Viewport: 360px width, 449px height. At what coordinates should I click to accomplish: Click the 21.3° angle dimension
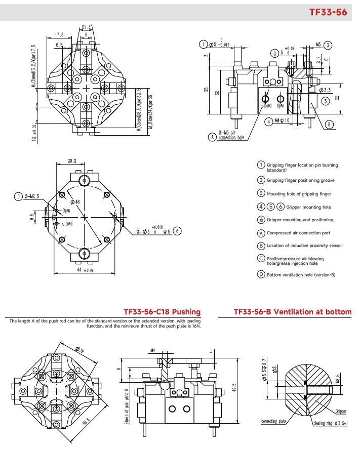(86, 27)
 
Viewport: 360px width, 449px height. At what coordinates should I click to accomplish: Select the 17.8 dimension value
(59, 35)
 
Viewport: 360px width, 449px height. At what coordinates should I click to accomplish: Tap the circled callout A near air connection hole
(212, 136)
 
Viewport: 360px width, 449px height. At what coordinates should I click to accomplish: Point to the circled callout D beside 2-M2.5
(18, 196)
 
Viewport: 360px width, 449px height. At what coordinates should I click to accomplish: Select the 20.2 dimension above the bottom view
(71, 162)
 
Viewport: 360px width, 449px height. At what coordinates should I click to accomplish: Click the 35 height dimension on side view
(206, 90)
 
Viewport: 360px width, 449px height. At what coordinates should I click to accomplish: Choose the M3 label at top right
(318, 45)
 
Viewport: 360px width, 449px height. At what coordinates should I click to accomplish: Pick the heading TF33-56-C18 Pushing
(162, 312)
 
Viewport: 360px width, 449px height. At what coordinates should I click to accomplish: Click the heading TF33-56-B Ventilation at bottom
(292, 312)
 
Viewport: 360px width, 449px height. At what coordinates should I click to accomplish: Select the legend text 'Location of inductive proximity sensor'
(304, 246)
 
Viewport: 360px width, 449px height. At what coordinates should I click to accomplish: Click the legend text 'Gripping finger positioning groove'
(300, 180)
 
